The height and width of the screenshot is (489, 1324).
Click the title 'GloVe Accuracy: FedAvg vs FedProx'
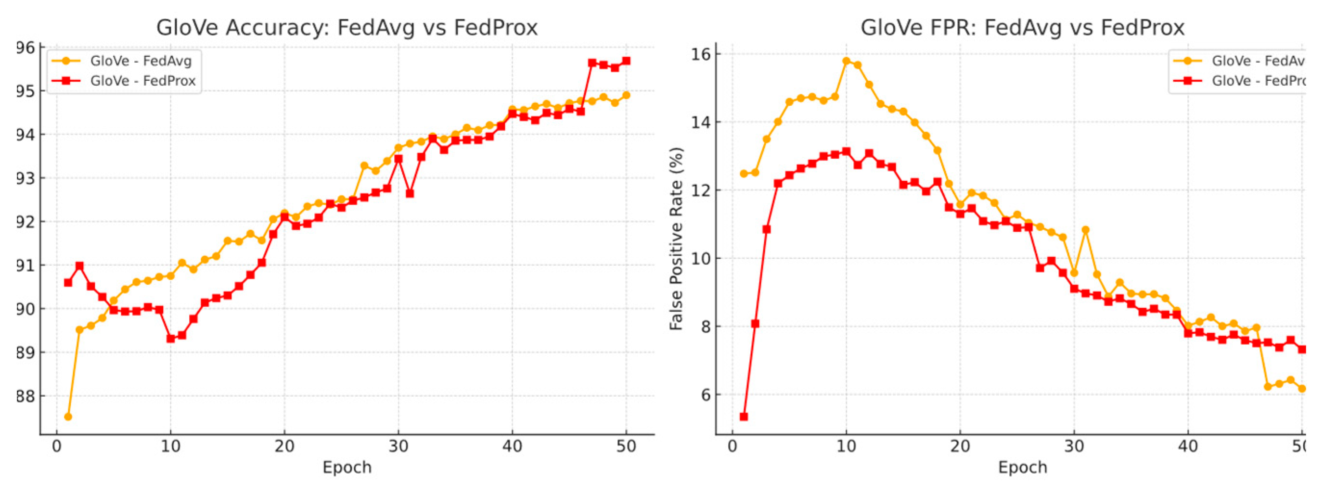[x=347, y=27]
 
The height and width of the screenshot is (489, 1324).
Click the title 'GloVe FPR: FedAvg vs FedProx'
[x=1022, y=27]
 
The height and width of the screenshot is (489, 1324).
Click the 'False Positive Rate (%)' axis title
[x=676, y=239]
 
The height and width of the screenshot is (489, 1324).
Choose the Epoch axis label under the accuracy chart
[x=347, y=467]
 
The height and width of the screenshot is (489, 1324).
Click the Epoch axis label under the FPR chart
[x=1022, y=467]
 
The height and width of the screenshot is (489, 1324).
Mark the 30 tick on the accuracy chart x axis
[x=398, y=446]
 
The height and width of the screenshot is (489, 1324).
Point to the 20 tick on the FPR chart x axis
[x=960, y=446]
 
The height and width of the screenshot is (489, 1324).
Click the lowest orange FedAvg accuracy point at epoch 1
[x=68, y=416]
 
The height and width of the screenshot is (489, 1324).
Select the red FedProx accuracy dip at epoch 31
[x=410, y=194]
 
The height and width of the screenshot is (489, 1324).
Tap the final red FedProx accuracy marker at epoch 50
[x=626, y=61]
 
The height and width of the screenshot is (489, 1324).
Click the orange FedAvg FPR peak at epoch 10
[x=846, y=61]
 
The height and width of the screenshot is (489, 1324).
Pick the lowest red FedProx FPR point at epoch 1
[x=743, y=416]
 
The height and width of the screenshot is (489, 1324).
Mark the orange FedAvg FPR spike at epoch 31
[x=1085, y=230]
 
